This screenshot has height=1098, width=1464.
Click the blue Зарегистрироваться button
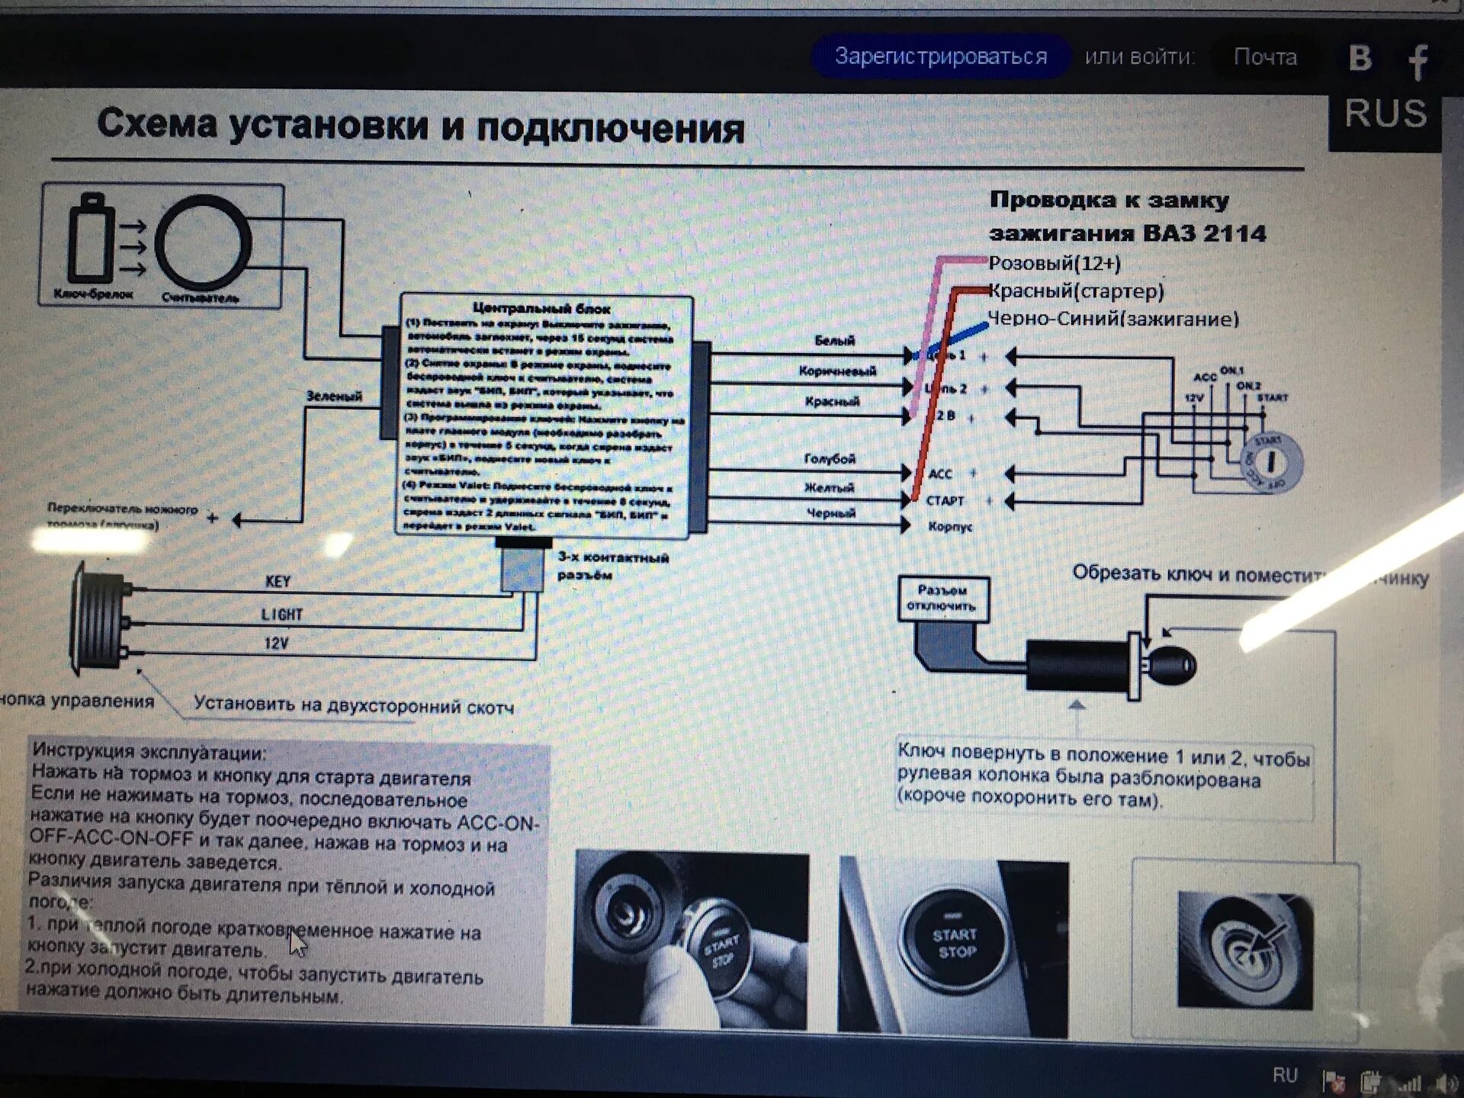coord(941,56)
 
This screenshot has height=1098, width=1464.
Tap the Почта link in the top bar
coord(1265,57)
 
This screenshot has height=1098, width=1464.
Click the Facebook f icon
coord(1417,61)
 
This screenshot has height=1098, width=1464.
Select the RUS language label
coord(1385,114)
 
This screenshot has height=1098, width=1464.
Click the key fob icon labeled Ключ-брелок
coord(91,240)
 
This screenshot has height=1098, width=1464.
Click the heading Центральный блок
coord(541,308)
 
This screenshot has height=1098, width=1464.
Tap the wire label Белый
coord(835,341)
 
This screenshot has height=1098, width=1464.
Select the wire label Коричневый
coord(837,371)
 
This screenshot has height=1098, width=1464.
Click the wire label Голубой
coord(830,458)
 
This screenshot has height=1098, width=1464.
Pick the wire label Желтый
coord(829,487)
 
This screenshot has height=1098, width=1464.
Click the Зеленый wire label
coord(334,396)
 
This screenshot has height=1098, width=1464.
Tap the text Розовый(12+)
coord(1055,264)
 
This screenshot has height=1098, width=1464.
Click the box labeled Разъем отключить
coord(942,599)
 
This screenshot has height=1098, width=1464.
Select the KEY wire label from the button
coord(278,582)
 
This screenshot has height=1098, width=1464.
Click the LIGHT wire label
coord(281,615)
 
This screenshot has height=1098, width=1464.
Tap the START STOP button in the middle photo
coord(955,943)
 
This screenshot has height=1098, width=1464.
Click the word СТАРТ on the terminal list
coord(945,501)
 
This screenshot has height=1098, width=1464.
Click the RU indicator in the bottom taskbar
coord(1284,1075)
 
